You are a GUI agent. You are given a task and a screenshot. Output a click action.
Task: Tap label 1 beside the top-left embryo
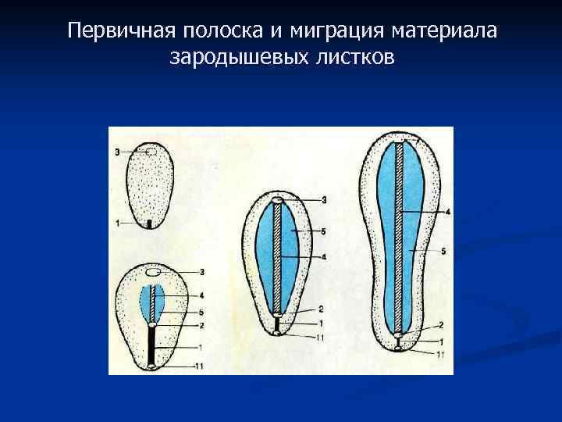(x=117, y=224)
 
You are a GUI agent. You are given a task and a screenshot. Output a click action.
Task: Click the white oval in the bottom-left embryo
(x=153, y=272)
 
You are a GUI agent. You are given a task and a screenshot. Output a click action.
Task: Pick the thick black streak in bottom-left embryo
(x=151, y=345)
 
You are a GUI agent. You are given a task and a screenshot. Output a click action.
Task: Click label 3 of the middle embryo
(x=323, y=201)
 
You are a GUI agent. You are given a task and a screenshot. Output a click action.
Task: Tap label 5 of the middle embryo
(x=323, y=231)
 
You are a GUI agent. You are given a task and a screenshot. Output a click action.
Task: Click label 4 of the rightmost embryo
(x=447, y=211)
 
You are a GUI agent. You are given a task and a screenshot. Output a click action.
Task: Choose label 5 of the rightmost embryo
(x=443, y=251)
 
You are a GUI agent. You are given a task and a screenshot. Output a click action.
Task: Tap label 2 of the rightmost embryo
(x=441, y=324)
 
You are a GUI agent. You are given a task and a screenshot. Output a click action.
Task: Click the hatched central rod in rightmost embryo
(x=400, y=234)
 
